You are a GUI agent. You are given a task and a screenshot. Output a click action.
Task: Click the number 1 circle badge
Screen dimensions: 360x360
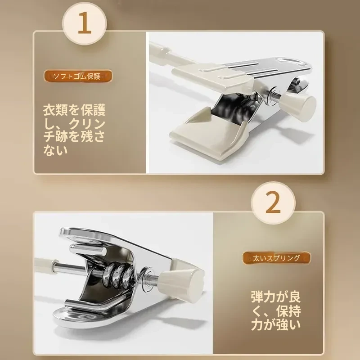(x=85, y=23)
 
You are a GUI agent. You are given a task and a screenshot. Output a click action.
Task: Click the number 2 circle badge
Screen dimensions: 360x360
(x=273, y=202)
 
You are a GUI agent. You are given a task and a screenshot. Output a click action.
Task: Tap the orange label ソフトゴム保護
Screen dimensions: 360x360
(x=78, y=76)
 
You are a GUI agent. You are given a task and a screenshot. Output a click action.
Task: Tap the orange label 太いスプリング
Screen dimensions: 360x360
(x=276, y=258)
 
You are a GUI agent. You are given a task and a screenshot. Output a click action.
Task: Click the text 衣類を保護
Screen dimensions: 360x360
(x=74, y=110)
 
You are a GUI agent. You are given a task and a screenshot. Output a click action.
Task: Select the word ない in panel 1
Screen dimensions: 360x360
(x=55, y=150)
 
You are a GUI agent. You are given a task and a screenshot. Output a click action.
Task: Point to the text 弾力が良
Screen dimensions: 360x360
(x=276, y=297)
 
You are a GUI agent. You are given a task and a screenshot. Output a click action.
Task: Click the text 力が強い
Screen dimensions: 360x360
(x=276, y=324)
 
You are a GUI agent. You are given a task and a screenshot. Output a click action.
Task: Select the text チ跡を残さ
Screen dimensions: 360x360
(x=74, y=137)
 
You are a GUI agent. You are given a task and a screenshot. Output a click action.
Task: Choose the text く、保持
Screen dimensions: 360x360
(x=276, y=311)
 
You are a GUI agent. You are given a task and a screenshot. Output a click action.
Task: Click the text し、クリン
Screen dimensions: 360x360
(x=74, y=123)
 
